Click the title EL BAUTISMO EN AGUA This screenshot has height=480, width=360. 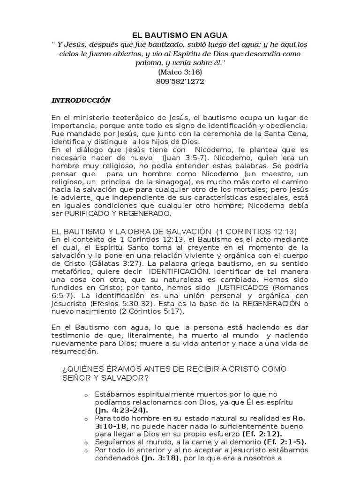180,35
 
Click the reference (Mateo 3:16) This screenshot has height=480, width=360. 180,72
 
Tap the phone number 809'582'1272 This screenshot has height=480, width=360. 180,81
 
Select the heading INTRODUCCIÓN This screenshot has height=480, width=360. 81,100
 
